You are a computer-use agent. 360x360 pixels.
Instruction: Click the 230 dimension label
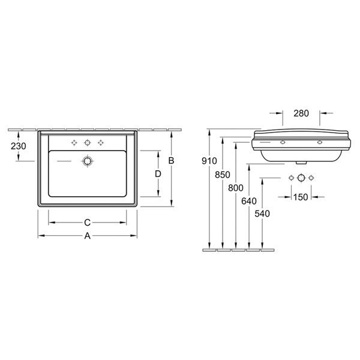(19, 146)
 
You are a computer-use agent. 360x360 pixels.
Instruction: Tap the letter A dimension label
(88, 236)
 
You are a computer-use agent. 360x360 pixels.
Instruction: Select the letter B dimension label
(171, 161)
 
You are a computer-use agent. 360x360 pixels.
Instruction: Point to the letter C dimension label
(88, 222)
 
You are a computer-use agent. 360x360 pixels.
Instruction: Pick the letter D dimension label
(158, 174)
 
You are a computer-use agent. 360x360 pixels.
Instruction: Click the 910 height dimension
(209, 161)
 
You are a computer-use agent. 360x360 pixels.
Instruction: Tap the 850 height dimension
(223, 175)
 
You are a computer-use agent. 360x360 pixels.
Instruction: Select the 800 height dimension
(236, 188)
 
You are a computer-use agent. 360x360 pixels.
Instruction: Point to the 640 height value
(249, 201)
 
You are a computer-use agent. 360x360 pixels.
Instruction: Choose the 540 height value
(262, 214)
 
